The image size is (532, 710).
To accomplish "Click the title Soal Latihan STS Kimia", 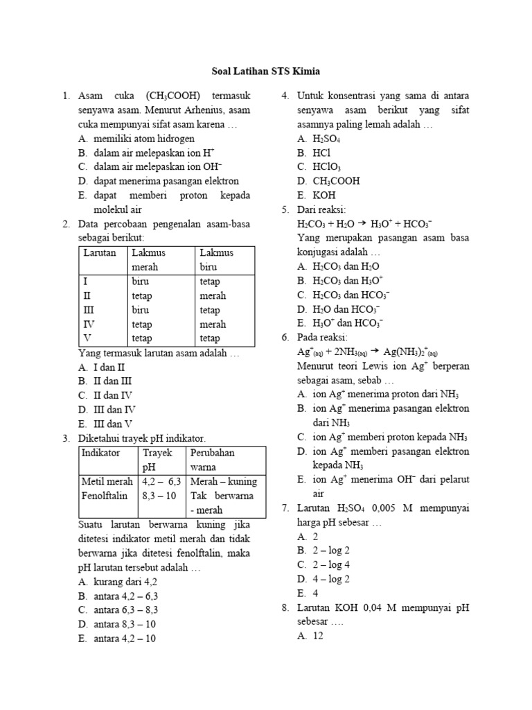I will (265, 71).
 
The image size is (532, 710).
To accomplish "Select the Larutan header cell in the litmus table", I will (100, 253).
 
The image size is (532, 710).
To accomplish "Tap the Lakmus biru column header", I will (216, 260).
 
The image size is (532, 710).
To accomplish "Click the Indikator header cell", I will (101, 452).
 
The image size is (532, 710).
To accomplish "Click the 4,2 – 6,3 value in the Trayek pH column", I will (161, 481).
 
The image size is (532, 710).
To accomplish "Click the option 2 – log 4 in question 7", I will (331, 564).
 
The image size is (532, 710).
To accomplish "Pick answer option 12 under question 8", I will (318, 635).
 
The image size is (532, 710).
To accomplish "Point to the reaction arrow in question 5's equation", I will (362, 225).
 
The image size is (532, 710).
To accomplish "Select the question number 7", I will (285, 508).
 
